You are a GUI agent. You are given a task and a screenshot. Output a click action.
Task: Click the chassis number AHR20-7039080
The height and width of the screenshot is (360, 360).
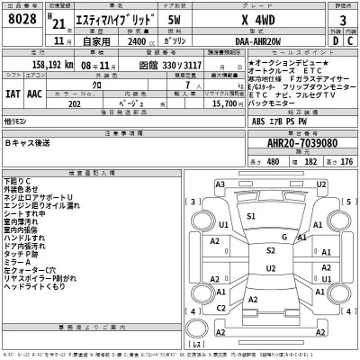coord(296,142)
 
